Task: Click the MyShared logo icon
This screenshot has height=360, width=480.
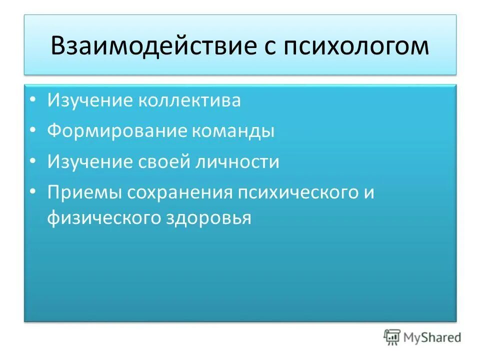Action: pos(392,337)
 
